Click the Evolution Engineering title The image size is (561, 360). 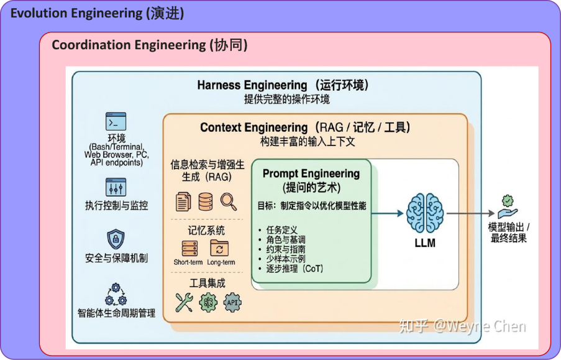97,14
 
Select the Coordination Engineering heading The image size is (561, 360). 150,45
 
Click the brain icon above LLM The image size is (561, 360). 425,213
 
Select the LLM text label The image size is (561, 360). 425,243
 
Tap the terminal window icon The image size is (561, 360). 116,121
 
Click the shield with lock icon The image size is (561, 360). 116,239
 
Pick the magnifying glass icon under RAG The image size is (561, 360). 228,201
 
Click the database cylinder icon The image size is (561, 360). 206,201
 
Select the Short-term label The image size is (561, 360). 188,262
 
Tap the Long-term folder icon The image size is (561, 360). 219,248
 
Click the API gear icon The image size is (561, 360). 232,302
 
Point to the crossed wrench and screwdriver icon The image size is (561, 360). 185,302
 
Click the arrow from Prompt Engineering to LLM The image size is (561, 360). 388,213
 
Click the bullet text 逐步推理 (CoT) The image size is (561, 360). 294,269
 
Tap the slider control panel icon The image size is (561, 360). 116,187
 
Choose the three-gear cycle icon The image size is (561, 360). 116,295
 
